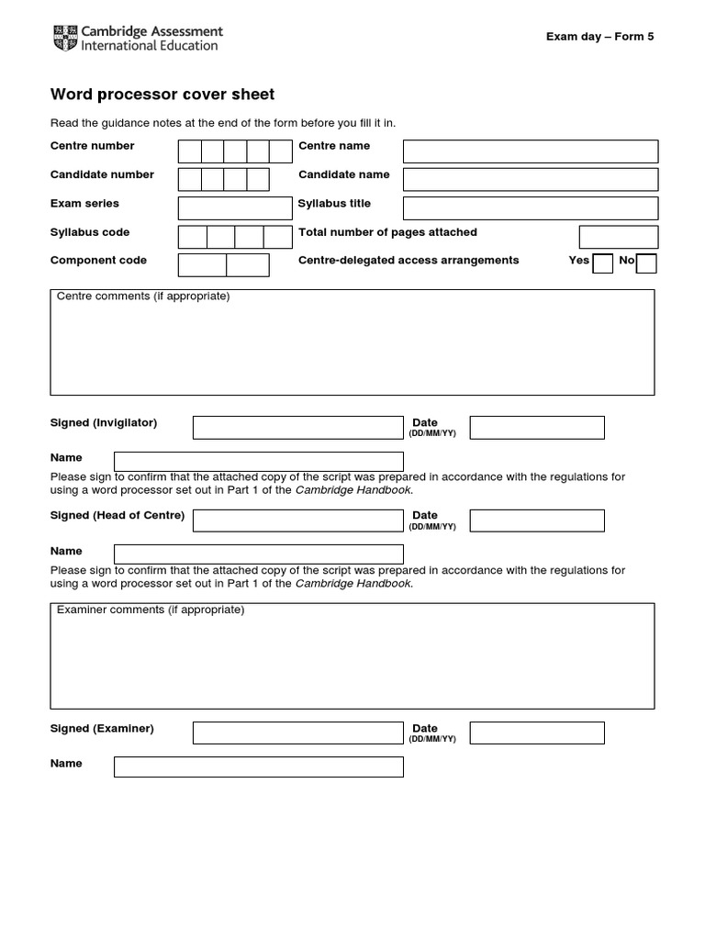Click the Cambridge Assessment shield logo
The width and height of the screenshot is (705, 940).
click(66, 38)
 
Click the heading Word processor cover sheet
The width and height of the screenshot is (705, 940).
click(162, 95)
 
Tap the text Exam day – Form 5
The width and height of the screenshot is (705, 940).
click(599, 37)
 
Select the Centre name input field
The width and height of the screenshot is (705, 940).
click(531, 151)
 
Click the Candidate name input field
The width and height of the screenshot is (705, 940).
click(531, 179)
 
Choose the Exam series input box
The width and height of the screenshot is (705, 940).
click(234, 207)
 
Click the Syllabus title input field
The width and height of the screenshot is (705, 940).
click(531, 207)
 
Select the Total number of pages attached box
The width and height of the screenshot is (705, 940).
click(619, 237)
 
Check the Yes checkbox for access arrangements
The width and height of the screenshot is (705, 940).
click(603, 264)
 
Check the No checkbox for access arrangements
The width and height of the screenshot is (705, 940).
click(646, 264)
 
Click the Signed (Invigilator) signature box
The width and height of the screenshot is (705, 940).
click(297, 428)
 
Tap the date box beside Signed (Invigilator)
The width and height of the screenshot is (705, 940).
click(537, 428)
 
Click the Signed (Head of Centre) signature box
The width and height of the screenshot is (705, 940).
click(297, 520)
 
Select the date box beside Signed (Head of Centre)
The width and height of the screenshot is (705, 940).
click(537, 520)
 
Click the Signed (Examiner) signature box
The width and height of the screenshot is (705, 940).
click(297, 733)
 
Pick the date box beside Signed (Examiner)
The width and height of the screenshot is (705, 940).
click(537, 733)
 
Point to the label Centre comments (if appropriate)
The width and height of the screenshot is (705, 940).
click(143, 297)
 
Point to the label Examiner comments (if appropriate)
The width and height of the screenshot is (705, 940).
click(151, 610)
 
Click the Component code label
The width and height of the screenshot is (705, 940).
click(98, 261)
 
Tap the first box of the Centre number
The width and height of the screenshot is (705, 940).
click(189, 151)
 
